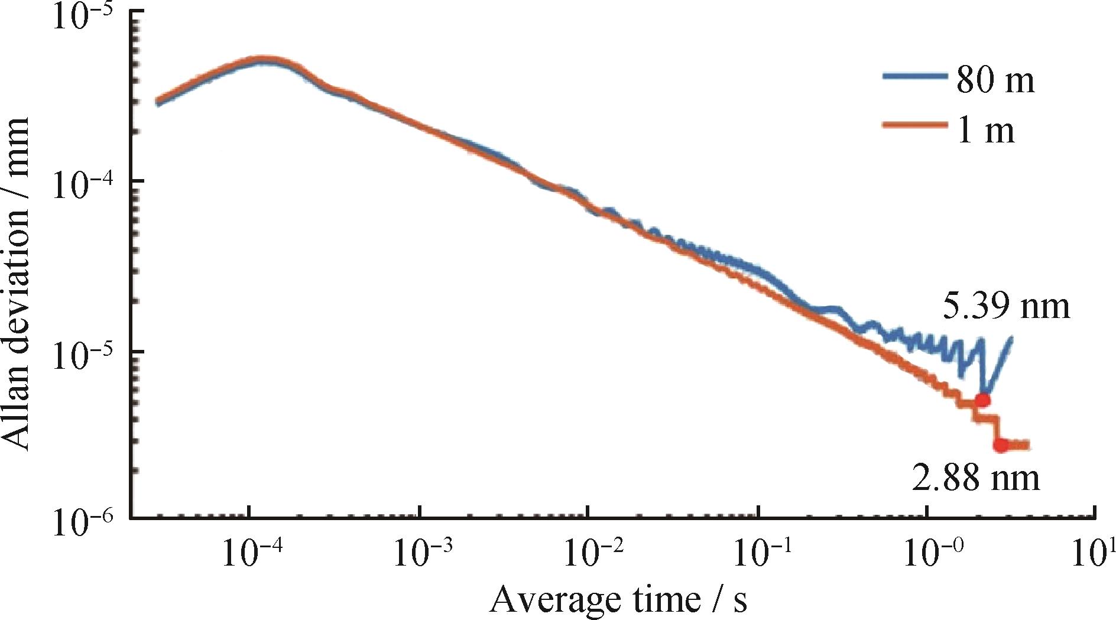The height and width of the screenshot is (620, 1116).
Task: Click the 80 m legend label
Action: point(995,81)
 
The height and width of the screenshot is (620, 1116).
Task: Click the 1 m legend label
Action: point(985,131)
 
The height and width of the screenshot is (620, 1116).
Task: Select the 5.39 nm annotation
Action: point(1005,307)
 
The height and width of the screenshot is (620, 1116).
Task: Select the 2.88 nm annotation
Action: point(975,478)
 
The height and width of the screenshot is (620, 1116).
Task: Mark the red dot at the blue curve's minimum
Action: point(982,400)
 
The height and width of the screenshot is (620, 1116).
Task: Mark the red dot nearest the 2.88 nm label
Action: point(1001,445)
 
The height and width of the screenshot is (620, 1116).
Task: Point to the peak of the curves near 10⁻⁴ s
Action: point(263,60)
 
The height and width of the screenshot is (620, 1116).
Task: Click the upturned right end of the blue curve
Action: point(1011,339)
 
